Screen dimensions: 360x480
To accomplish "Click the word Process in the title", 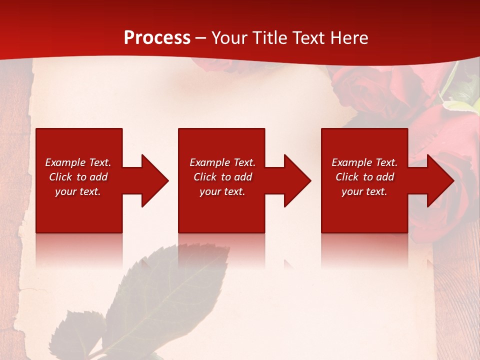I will point(157,38).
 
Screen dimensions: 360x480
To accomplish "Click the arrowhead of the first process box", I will point(153,180).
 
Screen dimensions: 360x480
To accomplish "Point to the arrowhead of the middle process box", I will point(295,180).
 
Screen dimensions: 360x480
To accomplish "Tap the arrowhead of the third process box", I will point(438,180).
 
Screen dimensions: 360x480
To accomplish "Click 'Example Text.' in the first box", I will point(78,162).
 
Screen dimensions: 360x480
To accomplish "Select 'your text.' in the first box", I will point(78,191).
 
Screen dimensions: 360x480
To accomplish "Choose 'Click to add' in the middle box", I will point(222,177).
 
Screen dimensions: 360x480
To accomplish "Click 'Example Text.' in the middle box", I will point(222,162).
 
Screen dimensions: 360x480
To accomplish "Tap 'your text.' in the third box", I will point(364,191).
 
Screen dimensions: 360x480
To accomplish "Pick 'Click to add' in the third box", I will point(364,177).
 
